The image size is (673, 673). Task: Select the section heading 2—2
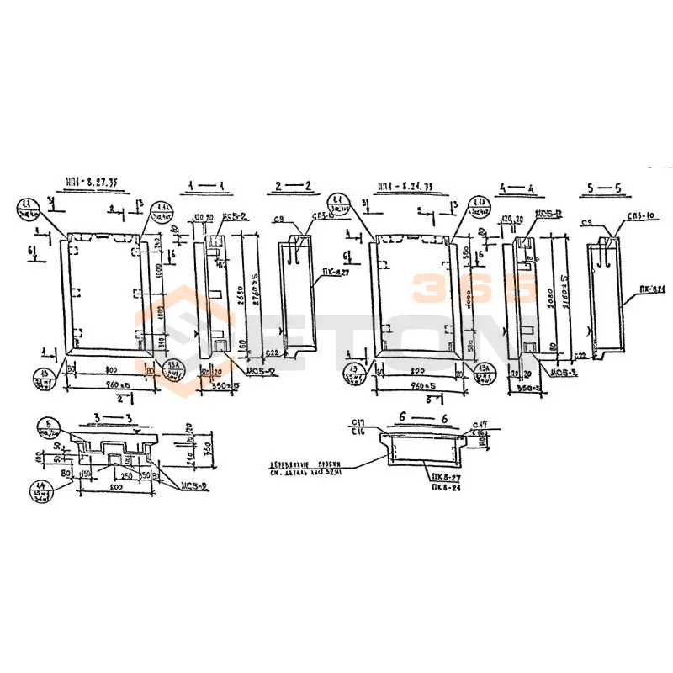tap(294, 186)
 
